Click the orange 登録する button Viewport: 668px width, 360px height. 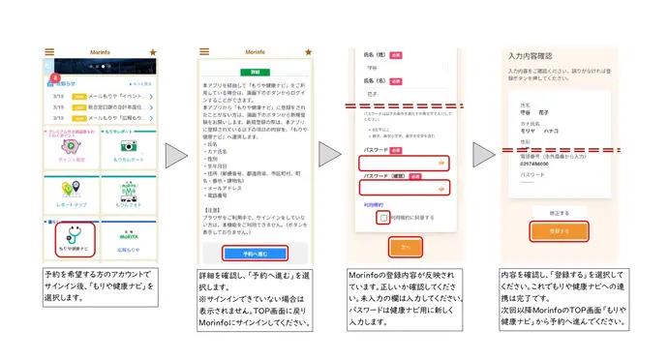click(x=556, y=231)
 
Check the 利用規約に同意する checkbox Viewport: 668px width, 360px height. click(x=384, y=219)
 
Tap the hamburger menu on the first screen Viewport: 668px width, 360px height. click(x=50, y=52)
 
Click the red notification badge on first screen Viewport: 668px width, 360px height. click(x=56, y=75)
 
